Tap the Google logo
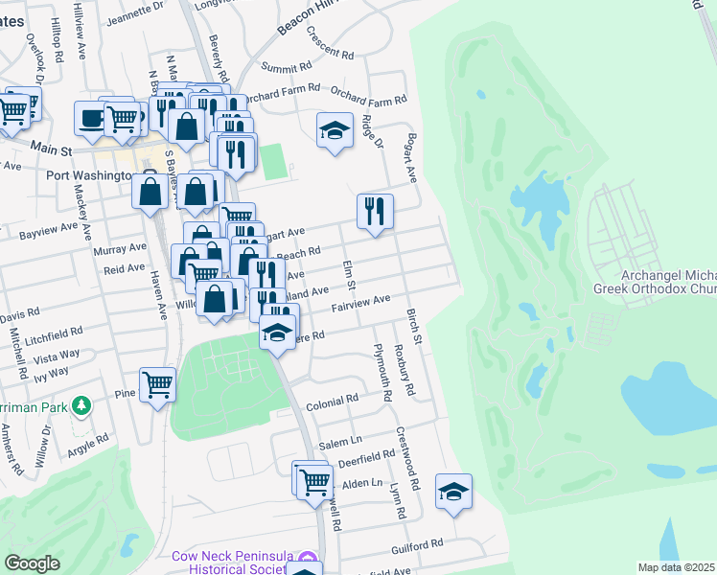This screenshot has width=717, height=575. click(32, 563)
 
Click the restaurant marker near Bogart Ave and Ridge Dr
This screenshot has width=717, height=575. click(375, 212)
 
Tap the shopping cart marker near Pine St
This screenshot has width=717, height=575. click(157, 385)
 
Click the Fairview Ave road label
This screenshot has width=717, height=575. click(360, 303)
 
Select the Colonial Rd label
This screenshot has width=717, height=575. click(332, 401)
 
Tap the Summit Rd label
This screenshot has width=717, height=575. click(288, 69)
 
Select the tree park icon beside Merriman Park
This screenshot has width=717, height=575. click(82, 406)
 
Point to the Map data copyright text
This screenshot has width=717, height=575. click(676, 567)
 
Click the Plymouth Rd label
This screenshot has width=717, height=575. click(382, 371)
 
